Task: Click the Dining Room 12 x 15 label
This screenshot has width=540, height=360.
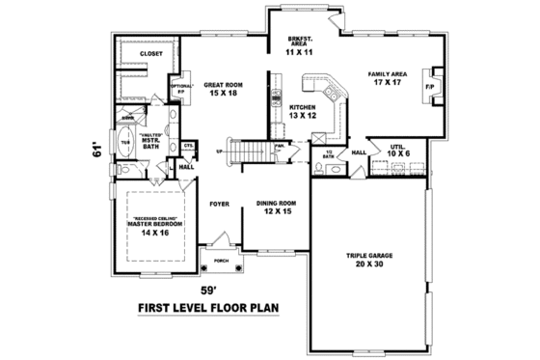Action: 275,207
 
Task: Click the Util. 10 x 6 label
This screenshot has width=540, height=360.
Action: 395,152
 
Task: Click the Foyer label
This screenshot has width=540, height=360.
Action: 218,205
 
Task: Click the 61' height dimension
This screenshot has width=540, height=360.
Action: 96,151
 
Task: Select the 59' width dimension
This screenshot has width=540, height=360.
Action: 208,288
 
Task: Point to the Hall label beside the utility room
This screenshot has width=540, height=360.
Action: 358,152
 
